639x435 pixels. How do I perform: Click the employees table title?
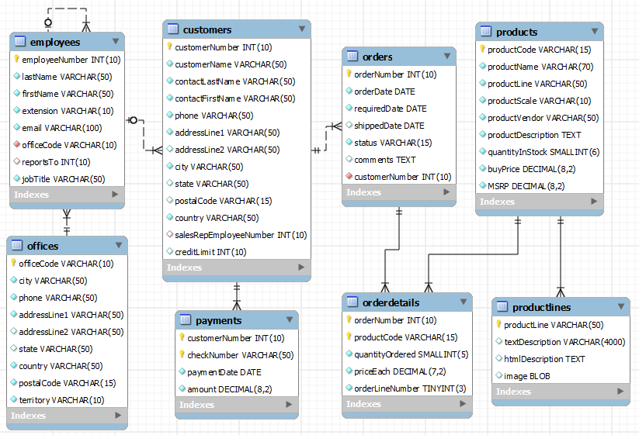click(x=54, y=41)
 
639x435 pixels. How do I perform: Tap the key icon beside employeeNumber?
click(x=16, y=60)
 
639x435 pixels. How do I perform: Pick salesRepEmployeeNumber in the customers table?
click(x=240, y=235)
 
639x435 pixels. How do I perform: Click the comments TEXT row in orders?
click(x=385, y=160)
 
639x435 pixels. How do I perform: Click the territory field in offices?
click(x=61, y=400)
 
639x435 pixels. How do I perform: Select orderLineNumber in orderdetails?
click(x=410, y=388)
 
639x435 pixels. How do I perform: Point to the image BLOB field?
click(x=533, y=376)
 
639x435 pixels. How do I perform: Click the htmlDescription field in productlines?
click(x=544, y=359)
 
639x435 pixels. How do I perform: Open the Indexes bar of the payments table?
click(x=237, y=405)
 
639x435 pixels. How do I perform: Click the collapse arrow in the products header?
click(x=594, y=32)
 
